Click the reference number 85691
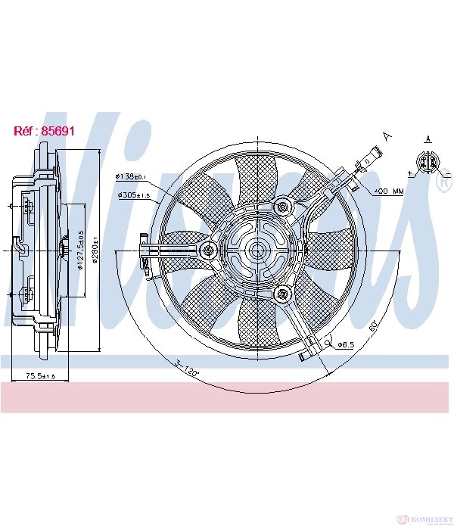[x=45, y=131]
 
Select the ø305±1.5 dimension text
[x=134, y=195]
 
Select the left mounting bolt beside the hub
[x=208, y=249]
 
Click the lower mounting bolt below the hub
[x=284, y=293]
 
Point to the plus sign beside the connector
[x=410, y=173]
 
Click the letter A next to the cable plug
[x=387, y=137]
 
